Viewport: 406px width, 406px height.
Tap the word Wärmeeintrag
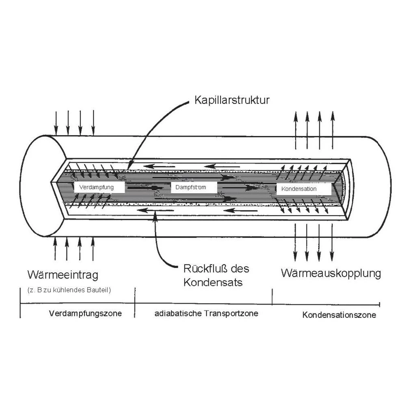pyautogui.click(x=63, y=275)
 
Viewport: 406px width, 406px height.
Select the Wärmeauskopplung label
pyautogui.click(x=331, y=273)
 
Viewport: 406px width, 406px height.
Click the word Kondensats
pyautogui.click(x=213, y=282)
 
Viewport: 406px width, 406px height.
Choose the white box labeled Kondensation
pyautogui.click(x=304, y=189)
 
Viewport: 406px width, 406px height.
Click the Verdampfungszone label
pyautogui.click(x=85, y=314)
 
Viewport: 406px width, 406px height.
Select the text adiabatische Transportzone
pyautogui.click(x=206, y=313)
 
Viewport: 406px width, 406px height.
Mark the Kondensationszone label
pyautogui.click(x=339, y=315)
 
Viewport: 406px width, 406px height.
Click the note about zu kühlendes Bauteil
pyautogui.click(x=69, y=290)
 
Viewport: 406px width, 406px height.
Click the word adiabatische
pyautogui.click(x=177, y=313)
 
